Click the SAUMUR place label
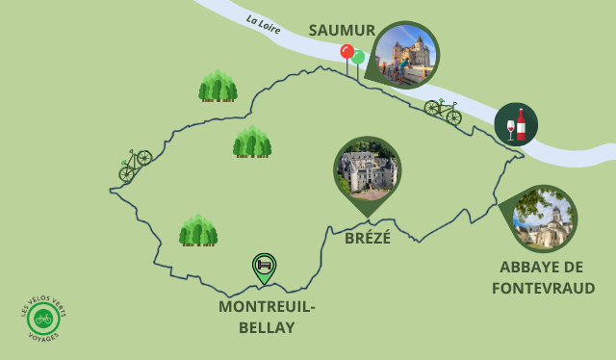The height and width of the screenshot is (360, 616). click(x=342, y=30)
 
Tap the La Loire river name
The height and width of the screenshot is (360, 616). click(x=263, y=24)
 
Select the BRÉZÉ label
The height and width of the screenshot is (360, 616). click(x=368, y=238)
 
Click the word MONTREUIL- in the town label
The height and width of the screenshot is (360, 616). click(x=267, y=306)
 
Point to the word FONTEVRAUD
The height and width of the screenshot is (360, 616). click(x=543, y=288)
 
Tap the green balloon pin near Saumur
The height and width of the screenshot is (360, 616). click(x=358, y=59)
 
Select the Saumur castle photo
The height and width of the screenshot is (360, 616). click(x=405, y=54)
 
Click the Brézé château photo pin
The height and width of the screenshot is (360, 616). click(x=367, y=171)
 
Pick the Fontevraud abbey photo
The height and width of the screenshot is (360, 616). click(x=544, y=218)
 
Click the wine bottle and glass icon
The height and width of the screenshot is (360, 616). click(x=516, y=124)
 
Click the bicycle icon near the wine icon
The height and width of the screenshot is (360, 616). click(x=443, y=110)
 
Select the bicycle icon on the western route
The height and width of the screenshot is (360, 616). click(x=135, y=164)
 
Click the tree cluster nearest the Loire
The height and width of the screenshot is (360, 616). click(x=218, y=87)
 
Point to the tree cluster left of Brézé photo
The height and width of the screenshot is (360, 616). click(x=252, y=142)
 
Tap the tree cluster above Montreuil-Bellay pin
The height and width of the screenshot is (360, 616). click(x=198, y=231)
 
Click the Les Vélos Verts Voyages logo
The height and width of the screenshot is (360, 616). click(x=43, y=318)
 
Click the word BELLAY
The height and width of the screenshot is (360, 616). click(x=267, y=327)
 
